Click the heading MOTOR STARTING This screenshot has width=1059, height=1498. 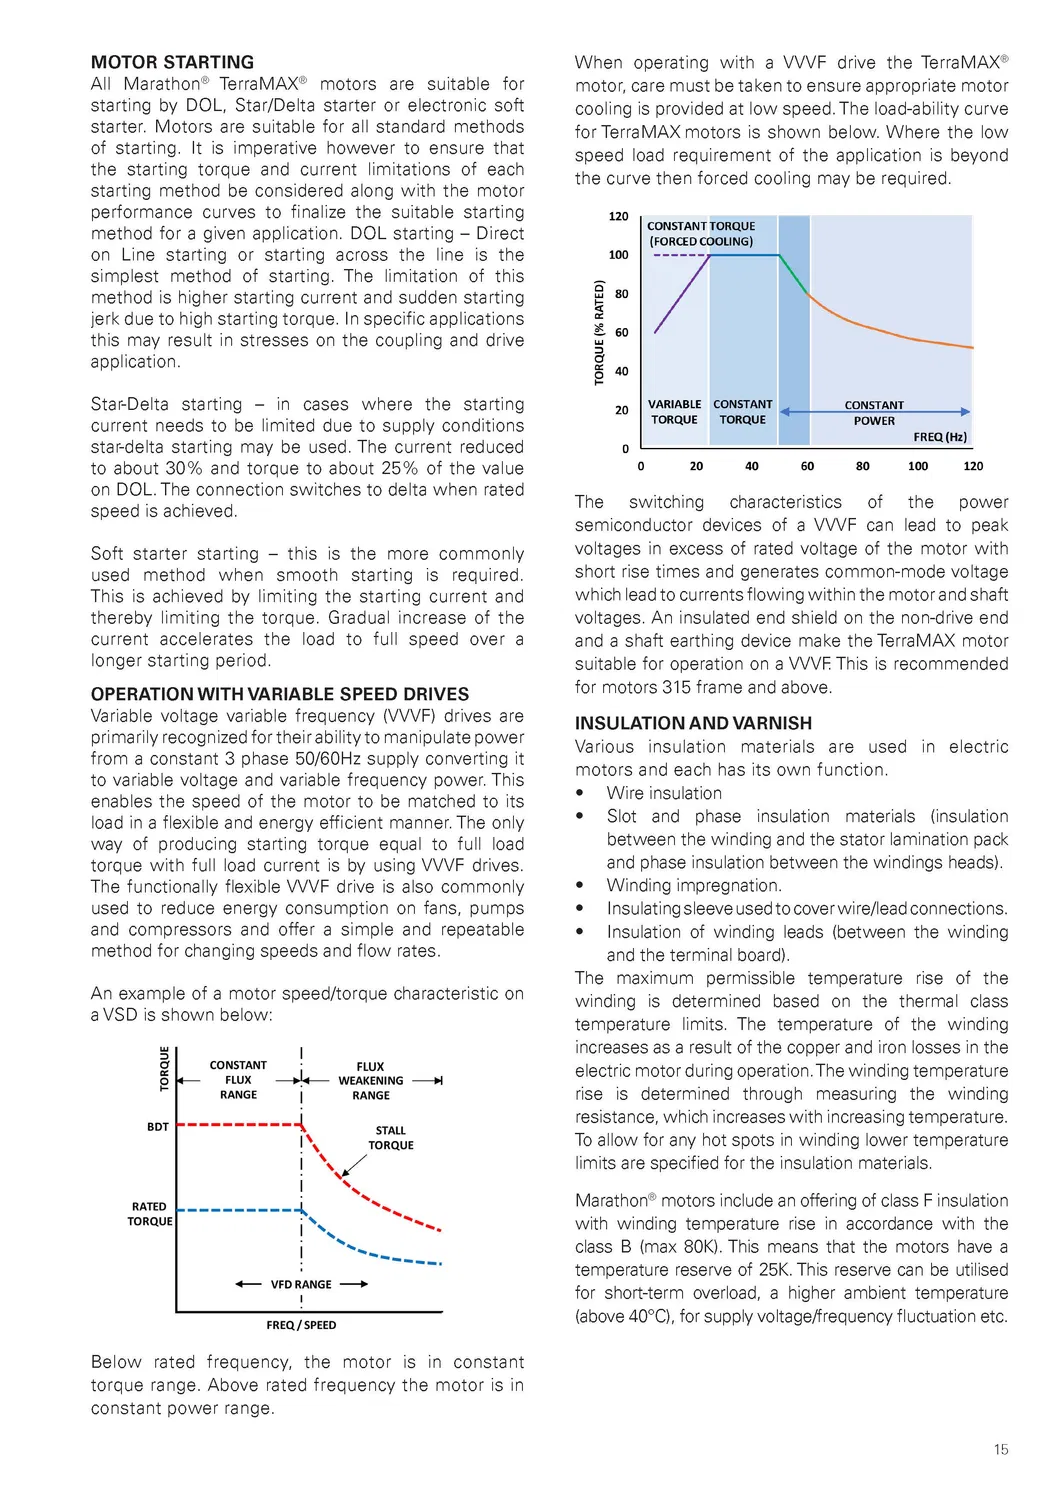point(172,62)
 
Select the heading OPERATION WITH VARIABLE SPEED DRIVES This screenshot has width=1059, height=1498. point(279,694)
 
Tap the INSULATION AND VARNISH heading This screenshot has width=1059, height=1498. point(693,723)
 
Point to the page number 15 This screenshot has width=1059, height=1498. point(1001,1449)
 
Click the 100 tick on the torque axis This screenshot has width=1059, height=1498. point(619,255)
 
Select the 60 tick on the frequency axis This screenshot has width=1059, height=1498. point(807,466)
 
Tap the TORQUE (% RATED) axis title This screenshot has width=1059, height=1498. point(600,333)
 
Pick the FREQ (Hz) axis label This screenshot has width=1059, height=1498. point(940,437)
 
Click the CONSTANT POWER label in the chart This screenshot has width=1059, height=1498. point(874,413)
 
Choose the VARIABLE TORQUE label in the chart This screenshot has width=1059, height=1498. point(674,412)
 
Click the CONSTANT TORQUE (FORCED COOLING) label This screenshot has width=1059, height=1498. point(701,234)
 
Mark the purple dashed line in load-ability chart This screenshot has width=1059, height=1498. point(680,255)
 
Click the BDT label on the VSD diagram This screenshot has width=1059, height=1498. point(158,1127)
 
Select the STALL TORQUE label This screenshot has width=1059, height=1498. point(390,1138)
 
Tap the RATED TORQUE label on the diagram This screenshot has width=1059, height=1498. point(150,1214)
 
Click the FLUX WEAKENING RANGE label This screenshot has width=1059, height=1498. point(370,1081)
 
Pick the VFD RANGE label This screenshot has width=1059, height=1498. point(301,1284)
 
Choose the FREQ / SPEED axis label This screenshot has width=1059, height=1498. point(301,1325)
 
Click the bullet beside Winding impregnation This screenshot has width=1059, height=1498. point(580,886)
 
